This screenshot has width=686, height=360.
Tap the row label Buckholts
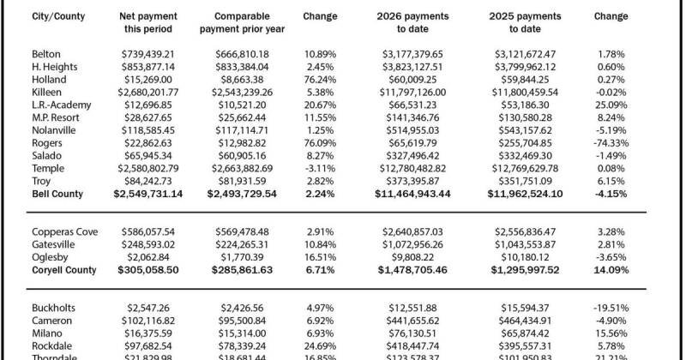tap(54, 307)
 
